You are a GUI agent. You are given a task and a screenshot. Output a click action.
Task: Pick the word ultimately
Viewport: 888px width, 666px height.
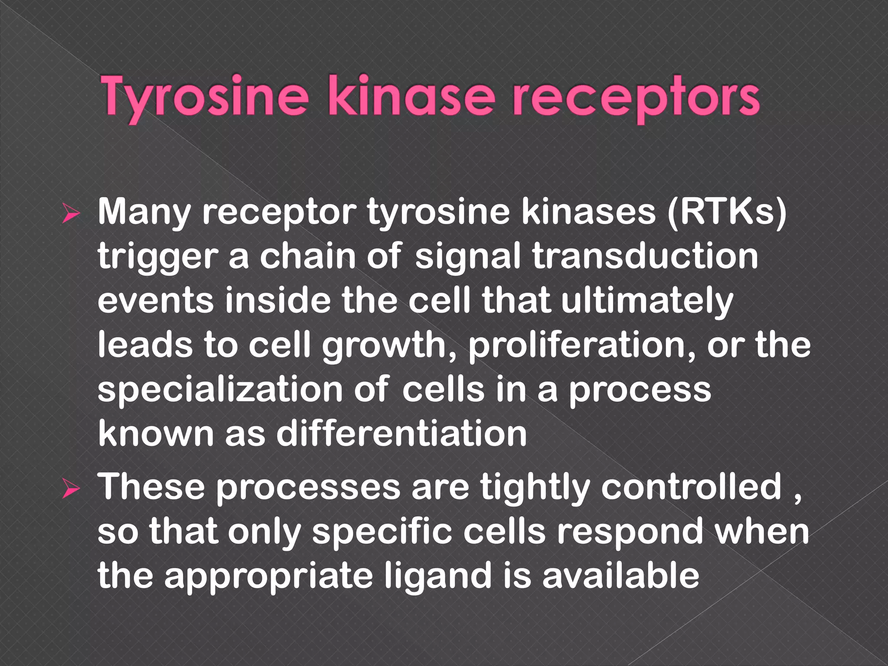pos(647,301)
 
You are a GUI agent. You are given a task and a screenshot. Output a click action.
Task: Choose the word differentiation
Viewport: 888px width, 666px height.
pos(402,434)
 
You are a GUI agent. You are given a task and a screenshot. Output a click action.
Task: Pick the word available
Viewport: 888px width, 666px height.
pos(621,576)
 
